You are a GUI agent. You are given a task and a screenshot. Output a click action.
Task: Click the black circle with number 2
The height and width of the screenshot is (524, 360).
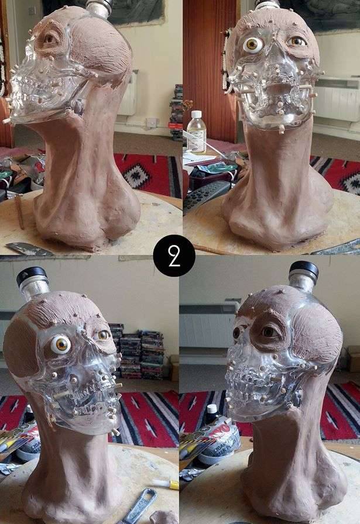[x=174, y=256]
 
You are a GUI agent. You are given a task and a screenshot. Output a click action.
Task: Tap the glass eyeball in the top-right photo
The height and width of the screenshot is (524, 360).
[x=253, y=44]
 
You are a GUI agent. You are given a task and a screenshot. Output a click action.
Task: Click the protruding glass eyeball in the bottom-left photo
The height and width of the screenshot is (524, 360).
[x=60, y=344]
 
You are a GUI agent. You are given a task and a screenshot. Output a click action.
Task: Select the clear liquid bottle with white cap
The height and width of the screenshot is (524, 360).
[x=196, y=132]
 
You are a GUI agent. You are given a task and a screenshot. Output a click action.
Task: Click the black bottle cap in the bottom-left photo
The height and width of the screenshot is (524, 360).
[x=32, y=274]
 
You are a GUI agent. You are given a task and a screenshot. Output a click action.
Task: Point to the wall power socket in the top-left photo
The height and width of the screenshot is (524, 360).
[x=152, y=123]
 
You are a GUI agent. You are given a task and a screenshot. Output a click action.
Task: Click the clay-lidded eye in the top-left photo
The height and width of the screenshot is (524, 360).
[x=50, y=39]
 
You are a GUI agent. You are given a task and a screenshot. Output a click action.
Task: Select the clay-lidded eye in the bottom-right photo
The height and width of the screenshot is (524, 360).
[x=268, y=332]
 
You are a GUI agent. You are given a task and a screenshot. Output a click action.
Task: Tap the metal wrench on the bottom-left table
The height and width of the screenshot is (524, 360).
[x=139, y=506]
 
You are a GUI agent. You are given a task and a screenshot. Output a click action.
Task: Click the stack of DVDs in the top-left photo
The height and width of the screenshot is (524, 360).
[x=176, y=112]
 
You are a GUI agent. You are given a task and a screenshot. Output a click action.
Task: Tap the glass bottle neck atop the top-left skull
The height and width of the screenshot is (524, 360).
[x=100, y=8]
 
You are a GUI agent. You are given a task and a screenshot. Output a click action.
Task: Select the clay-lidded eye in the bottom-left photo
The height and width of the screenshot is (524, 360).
[x=104, y=335]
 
